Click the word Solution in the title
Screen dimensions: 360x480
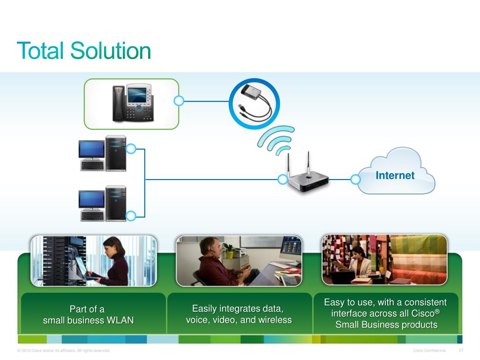111,51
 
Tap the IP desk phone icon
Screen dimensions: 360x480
133,103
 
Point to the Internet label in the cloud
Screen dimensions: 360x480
395,175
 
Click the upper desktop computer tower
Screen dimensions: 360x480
115,153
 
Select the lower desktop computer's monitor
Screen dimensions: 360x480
91,199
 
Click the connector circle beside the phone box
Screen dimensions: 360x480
179,100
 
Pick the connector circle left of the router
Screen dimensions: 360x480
283,179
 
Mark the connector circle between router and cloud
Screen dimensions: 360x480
355,179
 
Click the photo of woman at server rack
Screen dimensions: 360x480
94,261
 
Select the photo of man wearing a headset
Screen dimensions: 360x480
239,261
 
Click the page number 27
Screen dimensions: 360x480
461,351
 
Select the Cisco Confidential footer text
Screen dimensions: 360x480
429,351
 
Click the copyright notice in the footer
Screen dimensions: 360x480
63,351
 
